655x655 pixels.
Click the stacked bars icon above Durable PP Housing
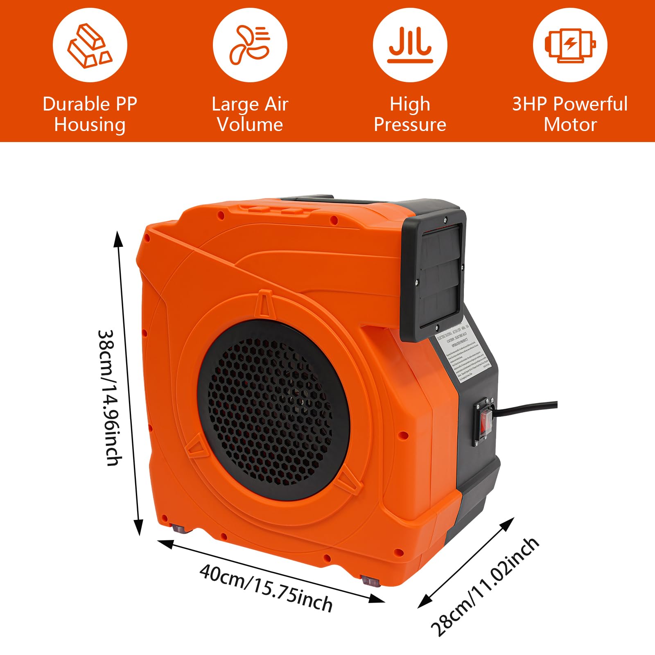coord(90,45)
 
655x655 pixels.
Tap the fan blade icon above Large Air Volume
coord(250,45)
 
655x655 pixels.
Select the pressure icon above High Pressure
coord(410,45)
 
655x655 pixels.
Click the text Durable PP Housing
coord(90,114)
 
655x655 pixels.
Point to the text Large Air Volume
coord(250,114)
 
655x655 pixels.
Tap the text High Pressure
coord(410,114)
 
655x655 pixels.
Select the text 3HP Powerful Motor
coord(570,114)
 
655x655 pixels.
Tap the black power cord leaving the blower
coord(528,407)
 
